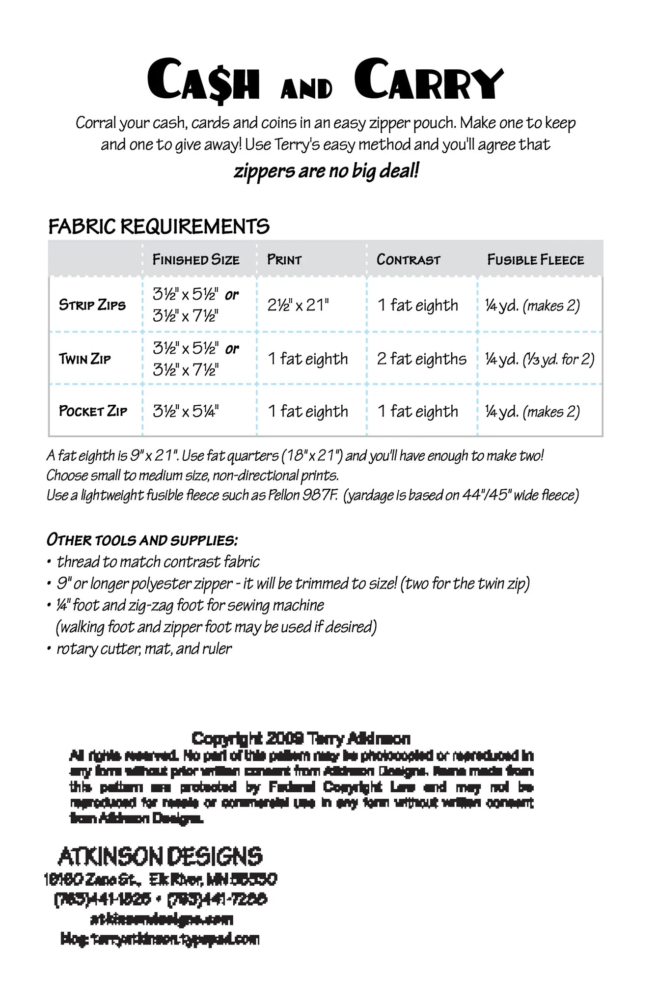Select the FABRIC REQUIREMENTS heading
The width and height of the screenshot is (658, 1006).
(159, 226)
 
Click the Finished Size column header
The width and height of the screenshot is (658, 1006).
(196, 259)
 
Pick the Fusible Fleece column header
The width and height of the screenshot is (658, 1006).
(535, 259)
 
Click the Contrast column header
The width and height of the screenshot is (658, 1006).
(408, 259)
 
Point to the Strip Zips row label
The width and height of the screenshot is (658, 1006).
(92, 305)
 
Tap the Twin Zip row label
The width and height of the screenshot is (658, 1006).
(85, 359)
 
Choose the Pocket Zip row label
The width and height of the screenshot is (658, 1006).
(93, 411)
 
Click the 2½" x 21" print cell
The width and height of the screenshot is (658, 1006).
(298, 305)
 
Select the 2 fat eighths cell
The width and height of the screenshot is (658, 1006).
(421, 359)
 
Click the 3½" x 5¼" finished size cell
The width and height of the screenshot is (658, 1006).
(186, 411)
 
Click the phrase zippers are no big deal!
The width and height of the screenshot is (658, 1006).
(327, 171)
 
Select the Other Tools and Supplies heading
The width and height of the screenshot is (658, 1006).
(142, 540)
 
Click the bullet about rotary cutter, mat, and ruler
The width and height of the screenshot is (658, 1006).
(144, 648)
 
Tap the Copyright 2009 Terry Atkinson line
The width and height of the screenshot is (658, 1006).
(301, 738)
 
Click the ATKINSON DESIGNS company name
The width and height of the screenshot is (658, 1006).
(160, 856)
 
